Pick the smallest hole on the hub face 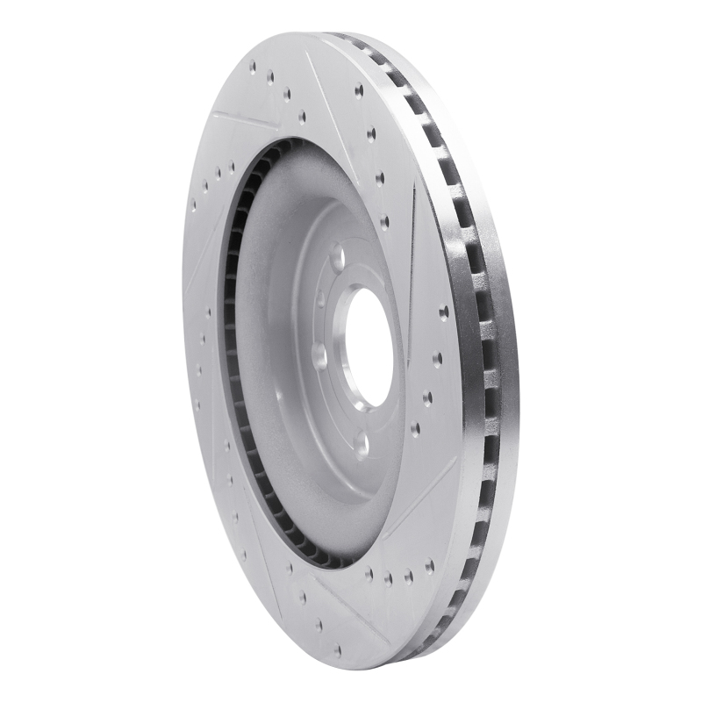coord(320,299)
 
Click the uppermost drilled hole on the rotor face coord(253,65)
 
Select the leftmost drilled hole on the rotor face coord(194,208)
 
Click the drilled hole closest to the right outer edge coord(443,312)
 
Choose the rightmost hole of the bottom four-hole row coord(409,577)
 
